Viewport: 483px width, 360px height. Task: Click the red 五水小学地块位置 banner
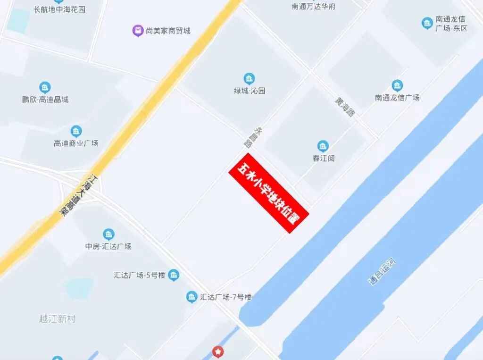(x=268, y=193)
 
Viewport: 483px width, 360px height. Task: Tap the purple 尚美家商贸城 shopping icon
(x=138, y=31)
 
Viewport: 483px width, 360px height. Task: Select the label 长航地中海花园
(x=60, y=9)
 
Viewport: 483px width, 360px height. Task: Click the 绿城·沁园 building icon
(x=249, y=79)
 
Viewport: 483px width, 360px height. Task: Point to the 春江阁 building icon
(x=323, y=146)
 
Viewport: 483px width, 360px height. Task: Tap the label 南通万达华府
(x=313, y=7)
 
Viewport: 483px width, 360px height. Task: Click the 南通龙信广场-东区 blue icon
(x=427, y=23)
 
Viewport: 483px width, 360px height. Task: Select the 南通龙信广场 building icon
(x=397, y=86)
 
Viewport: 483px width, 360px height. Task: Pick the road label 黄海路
(x=345, y=108)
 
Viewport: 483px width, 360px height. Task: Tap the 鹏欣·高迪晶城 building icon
(x=45, y=88)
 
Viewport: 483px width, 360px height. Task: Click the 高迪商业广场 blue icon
(x=76, y=131)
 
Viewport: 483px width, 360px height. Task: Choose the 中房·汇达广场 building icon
(x=108, y=234)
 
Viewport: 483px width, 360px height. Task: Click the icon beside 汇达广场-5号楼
(x=174, y=275)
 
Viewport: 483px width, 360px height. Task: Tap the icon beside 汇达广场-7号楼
(x=192, y=297)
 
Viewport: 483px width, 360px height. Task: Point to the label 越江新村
(x=57, y=319)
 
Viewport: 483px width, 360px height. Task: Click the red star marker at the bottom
(x=217, y=351)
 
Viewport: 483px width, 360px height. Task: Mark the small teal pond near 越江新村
(x=79, y=287)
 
